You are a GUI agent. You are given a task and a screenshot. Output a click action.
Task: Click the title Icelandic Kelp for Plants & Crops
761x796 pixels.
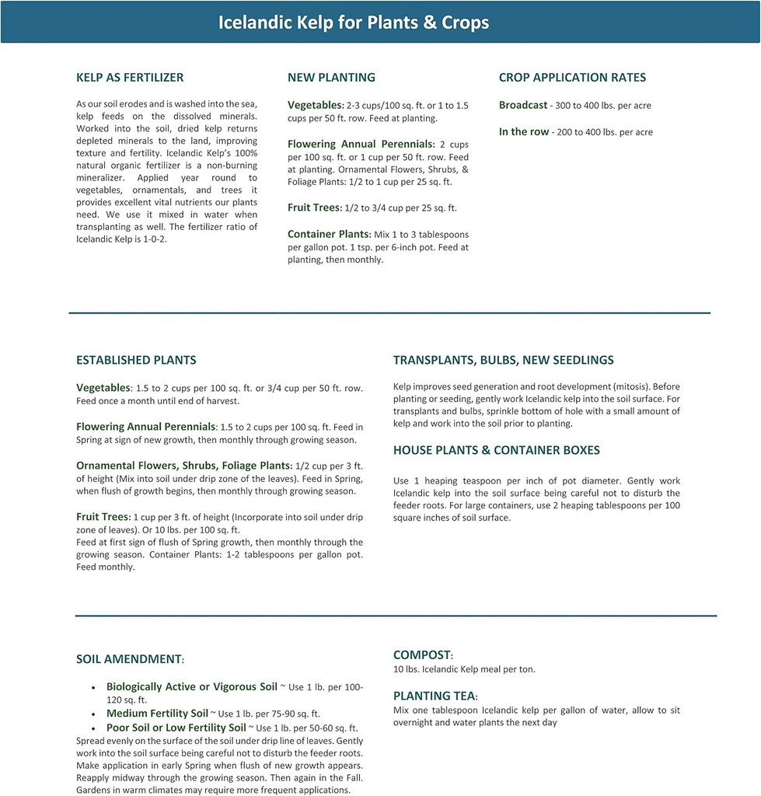tap(354, 22)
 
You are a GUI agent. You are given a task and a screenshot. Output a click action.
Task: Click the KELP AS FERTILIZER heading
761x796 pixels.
tap(130, 78)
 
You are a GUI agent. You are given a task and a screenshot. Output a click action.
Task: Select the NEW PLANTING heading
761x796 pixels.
tap(331, 78)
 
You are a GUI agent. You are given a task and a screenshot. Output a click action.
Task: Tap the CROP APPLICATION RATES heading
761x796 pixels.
tap(572, 78)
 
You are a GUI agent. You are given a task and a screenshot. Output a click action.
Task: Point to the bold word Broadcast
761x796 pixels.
tap(523, 105)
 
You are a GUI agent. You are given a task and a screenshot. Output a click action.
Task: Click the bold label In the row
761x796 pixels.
tap(524, 132)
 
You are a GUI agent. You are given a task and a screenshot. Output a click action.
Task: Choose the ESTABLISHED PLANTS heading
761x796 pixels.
tap(136, 361)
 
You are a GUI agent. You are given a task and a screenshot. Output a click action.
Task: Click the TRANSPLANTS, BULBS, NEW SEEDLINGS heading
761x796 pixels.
tap(503, 361)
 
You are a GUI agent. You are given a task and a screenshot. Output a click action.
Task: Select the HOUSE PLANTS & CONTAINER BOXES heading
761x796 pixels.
tap(496, 451)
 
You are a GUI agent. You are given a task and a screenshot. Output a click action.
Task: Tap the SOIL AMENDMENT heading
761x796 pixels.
tap(130, 659)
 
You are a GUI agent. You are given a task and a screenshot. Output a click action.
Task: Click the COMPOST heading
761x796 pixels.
tap(422, 655)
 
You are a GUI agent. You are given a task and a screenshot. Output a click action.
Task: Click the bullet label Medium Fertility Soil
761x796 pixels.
tap(157, 713)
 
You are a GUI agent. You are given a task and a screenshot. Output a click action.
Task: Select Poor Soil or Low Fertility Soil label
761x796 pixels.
tap(176, 728)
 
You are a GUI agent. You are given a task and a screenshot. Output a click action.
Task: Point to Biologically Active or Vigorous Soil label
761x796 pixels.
tap(191, 687)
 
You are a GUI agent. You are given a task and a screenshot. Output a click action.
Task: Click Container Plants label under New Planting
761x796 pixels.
tap(329, 234)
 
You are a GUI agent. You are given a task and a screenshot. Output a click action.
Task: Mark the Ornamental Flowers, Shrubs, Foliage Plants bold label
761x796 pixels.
tap(183, 465)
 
